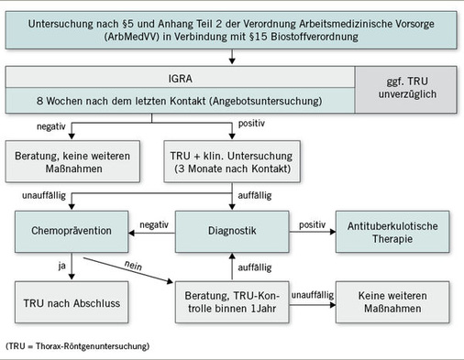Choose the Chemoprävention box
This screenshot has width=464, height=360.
(x=69, y=224)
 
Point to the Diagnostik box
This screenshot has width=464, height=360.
(x=233, y=224)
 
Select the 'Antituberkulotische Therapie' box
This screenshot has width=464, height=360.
(x=393, y=232)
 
